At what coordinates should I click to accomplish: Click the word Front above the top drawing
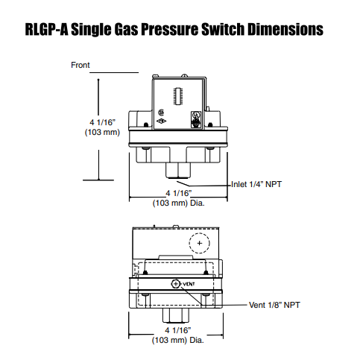click(80, 66)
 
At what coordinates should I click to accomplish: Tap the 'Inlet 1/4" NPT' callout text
click(257, 184)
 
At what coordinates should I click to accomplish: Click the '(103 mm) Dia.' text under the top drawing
click(178, 202)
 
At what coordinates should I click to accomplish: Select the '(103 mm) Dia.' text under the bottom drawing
click(178, 339)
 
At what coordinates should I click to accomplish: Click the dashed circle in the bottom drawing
click(199, 243)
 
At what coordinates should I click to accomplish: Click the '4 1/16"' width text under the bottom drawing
click(177, 329)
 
